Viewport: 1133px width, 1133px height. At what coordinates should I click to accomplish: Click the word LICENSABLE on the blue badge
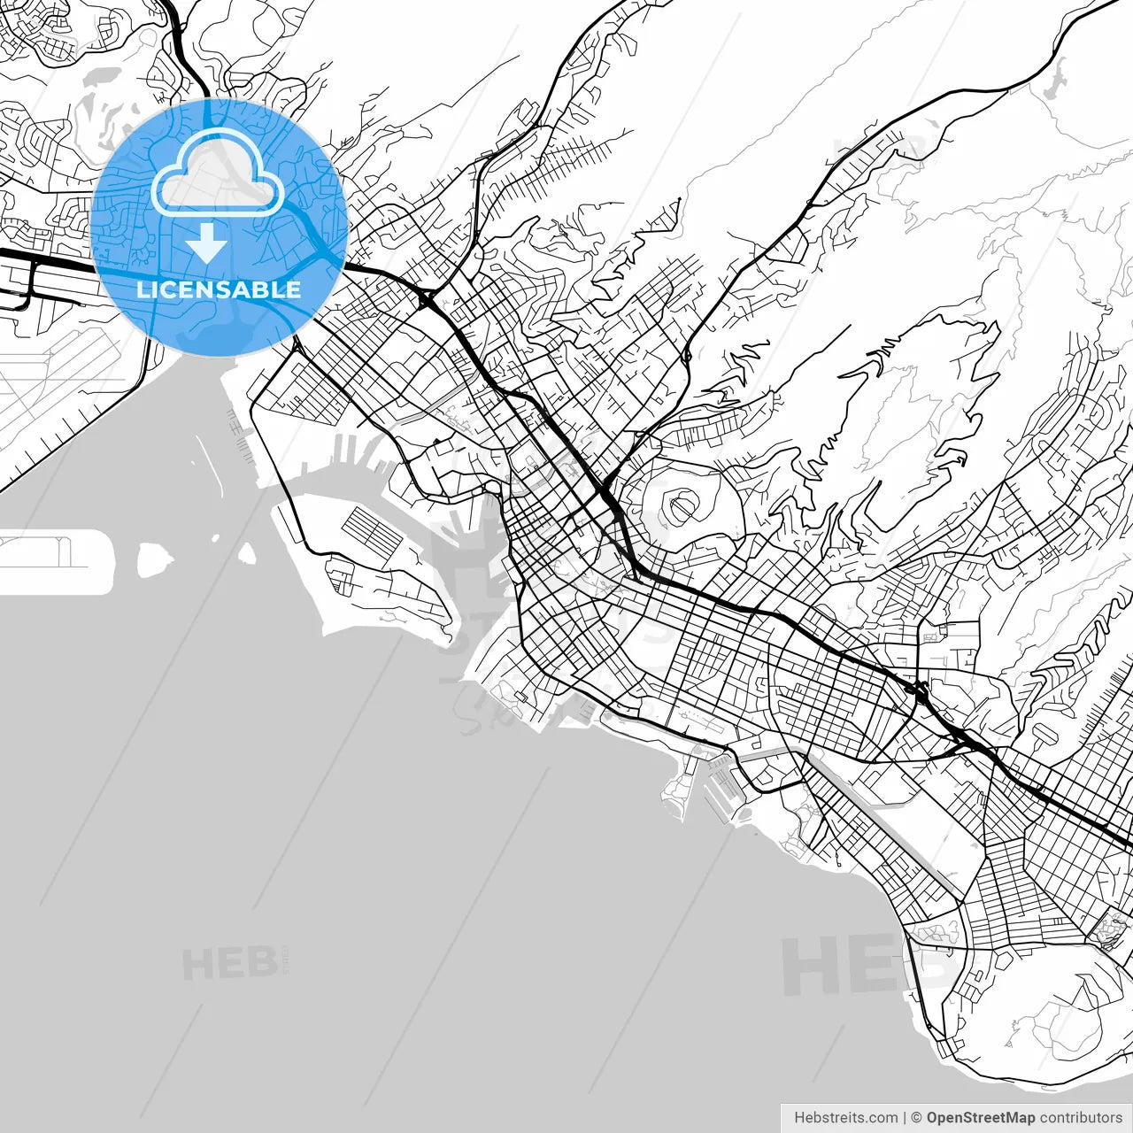point(219,289)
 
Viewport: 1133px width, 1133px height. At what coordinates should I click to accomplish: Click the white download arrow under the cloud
point(206,243)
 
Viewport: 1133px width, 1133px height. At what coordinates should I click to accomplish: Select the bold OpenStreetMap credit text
point(980,1118)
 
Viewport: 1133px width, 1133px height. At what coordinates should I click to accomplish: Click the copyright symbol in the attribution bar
point(916,1118)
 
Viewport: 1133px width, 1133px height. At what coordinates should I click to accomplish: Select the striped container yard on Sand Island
point(372,528)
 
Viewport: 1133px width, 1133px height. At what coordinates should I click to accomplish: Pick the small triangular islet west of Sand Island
point(247,554)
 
